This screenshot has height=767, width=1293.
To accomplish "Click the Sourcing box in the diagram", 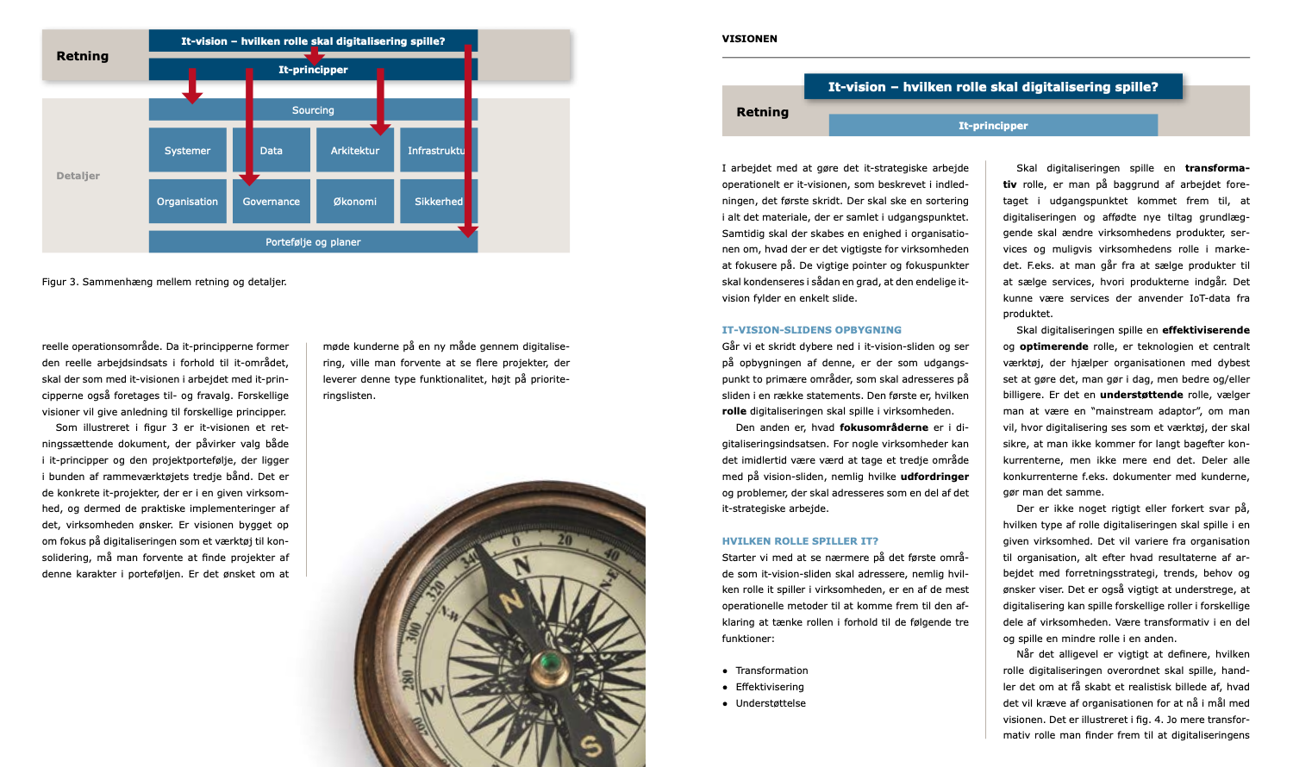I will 313,110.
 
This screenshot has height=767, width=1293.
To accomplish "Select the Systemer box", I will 187,151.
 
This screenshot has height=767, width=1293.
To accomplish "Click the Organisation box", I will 187,202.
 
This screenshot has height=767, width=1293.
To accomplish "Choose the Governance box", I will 271,203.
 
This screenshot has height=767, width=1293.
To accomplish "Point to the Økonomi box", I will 355,202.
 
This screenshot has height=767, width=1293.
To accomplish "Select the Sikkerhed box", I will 438,202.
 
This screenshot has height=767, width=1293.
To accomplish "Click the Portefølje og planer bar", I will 313,242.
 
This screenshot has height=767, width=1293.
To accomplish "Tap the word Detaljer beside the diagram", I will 78,176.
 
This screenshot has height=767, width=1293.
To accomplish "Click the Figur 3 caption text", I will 164,282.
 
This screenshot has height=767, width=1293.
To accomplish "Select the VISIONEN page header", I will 749,39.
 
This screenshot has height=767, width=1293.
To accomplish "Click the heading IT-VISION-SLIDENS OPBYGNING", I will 811,330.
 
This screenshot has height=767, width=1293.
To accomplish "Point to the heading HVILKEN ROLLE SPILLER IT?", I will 800,541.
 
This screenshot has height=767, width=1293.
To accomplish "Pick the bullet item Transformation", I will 771,670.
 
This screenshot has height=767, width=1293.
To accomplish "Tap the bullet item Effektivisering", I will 769,687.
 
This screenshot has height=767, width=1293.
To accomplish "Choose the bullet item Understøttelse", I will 771,703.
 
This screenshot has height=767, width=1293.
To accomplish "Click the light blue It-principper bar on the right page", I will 993,126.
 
